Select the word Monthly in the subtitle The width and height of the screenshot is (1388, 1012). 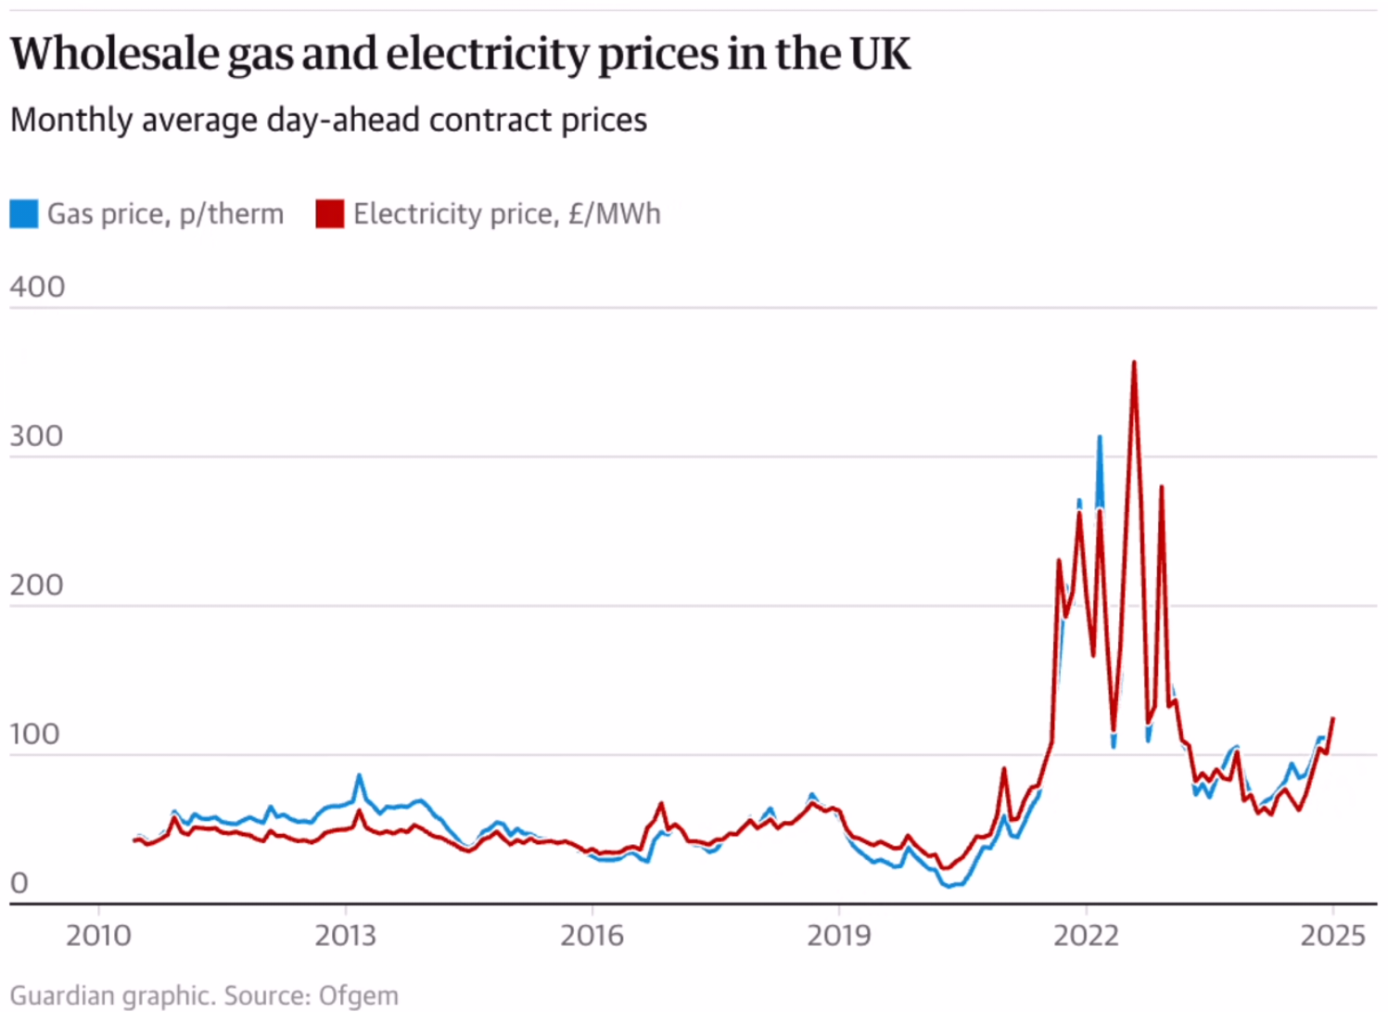point(70,121)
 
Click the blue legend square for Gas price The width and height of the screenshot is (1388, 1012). point(24,214)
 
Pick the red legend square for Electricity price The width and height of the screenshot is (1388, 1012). point(329,214)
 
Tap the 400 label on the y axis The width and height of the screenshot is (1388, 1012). point(38,288)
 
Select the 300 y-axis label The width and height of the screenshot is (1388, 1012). point(37,437)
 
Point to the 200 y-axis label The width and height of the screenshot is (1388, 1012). point(37,586)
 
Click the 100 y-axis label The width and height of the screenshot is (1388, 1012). point(36,735)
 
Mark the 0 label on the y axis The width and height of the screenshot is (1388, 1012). point(19,884)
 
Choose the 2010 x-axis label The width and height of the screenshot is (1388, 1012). point(98,935)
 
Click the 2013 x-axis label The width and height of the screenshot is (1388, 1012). point(346,935)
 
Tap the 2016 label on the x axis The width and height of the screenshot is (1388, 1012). point(592,935)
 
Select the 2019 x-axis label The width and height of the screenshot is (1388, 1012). point(839,935)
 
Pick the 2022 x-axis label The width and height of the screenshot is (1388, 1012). point(1086,935)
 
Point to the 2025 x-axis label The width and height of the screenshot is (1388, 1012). point(1333,935)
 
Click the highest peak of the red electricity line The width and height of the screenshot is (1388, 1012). point(1134,363)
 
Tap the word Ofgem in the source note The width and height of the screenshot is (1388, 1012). point(358,996)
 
